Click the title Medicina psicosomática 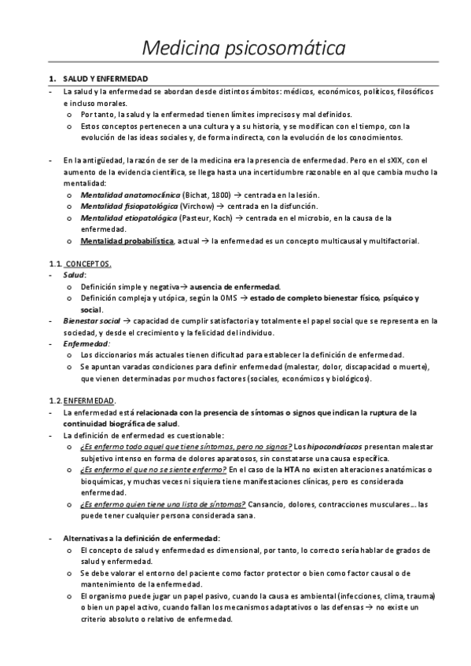(x=244, y=48)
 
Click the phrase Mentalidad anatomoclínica (x=130, y=195)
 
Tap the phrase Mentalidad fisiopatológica (x=130, y=207)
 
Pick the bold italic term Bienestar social (x=91, y=321)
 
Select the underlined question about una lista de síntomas (x=163, y=504)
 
